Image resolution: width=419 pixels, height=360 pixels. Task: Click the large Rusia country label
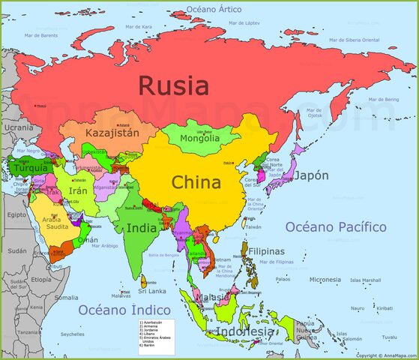pyautogui.click(x=173, y=85)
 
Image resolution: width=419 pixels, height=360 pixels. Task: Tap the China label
pyautogui.click(x=196, y=182)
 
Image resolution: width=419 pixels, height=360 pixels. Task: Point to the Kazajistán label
pyautogui.click(x=112, y=133)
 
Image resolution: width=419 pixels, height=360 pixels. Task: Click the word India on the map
pyautogui.click(x=141, y=228)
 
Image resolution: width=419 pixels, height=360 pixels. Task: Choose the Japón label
pyautogui.click(x=310, y=176)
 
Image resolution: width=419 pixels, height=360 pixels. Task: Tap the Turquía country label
pyautogui.click(x=31, y=168)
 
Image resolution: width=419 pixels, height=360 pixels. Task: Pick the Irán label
pyautogui.click(x=78, y=191)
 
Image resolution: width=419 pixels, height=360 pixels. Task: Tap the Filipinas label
pyautogui.click(x=266, y=251)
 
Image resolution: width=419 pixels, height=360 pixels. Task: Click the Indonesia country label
pyautogui.click(x=245, y=331)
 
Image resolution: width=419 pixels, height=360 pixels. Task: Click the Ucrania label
pyautogui.click(x=19, y=127)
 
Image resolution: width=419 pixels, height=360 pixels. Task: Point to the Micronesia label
pyautogui.click(x=325, y=280)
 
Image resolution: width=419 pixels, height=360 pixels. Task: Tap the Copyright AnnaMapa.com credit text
pyautogui.click(x=385, y=355)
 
